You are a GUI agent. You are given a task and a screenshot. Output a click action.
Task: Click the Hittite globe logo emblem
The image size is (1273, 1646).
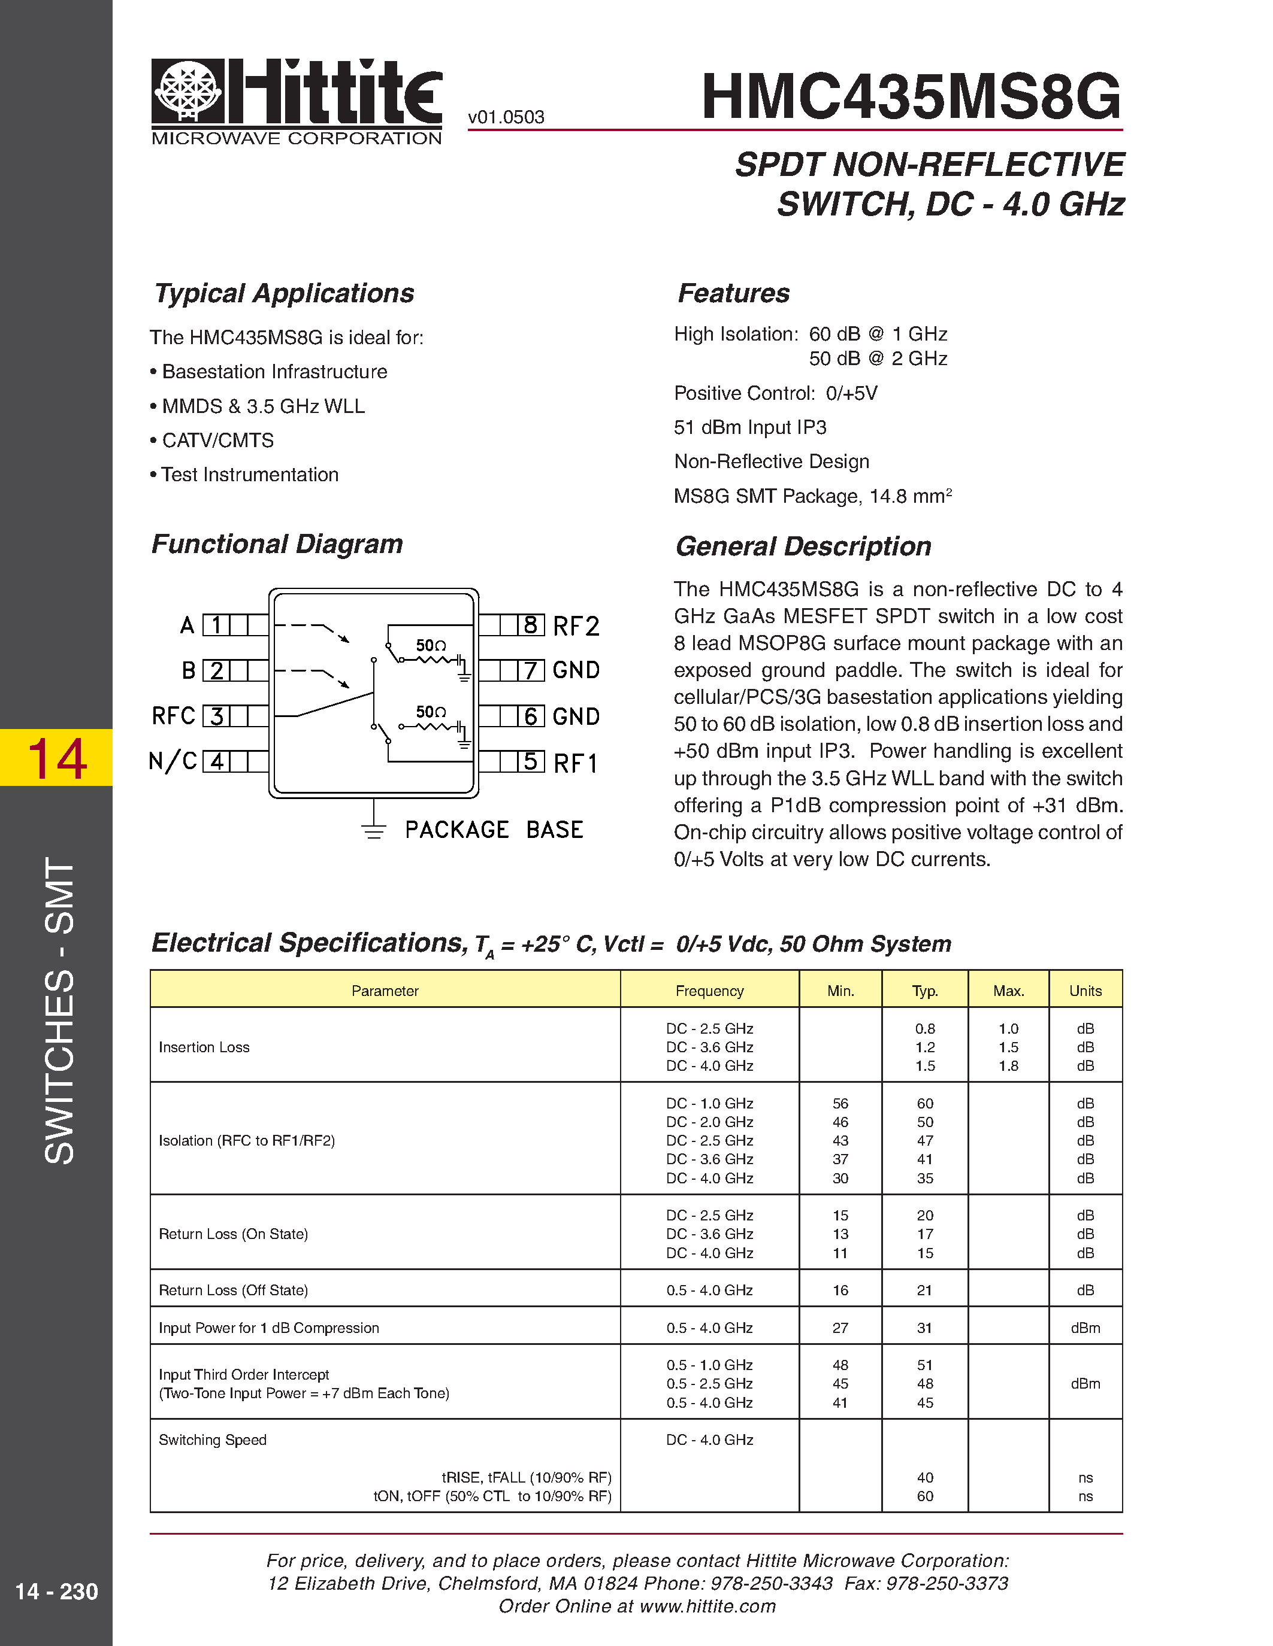point(188,91)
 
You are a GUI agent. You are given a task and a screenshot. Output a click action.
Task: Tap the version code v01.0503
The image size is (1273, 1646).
point(506,117)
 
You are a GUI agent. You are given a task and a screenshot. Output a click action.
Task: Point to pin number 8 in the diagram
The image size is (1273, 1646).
point(530,625)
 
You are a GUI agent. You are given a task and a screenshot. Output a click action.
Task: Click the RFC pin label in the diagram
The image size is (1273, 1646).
point(174,716)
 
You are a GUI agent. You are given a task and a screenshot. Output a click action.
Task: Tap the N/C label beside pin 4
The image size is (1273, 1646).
point(173,761)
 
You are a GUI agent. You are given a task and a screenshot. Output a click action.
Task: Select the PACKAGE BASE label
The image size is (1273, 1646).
point(494,830)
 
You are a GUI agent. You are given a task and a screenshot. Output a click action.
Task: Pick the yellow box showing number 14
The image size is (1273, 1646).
point(56,757)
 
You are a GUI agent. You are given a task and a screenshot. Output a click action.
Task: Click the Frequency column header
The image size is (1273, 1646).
point(709,991)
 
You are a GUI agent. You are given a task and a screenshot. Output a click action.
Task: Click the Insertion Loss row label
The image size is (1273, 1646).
point(204,1047)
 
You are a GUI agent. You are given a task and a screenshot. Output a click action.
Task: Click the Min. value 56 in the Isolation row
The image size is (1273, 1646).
point(840,1103)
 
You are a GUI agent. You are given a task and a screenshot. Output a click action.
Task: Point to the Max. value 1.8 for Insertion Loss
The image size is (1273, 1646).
point(1008,1065)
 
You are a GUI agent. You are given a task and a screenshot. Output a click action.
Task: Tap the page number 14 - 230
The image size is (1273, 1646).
point(56,1591)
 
